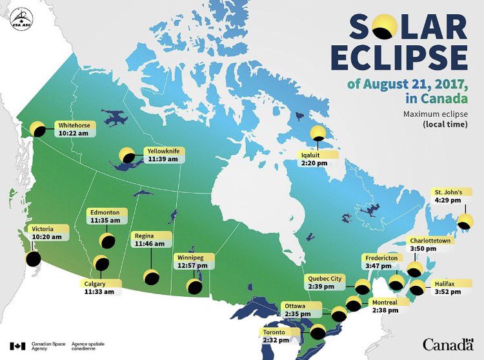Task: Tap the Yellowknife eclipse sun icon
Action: coord(126,155)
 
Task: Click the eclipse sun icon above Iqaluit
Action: coord(318,134)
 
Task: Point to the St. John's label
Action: coord(447,192)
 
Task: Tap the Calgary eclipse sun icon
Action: coord(101,263)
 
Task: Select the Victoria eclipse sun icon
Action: coord(33,259)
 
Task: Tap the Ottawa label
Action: coord(294,305)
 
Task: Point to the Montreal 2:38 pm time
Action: coord(385,310)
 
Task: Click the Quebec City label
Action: coord(324,279)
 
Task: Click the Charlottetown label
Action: coord(430,241)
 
